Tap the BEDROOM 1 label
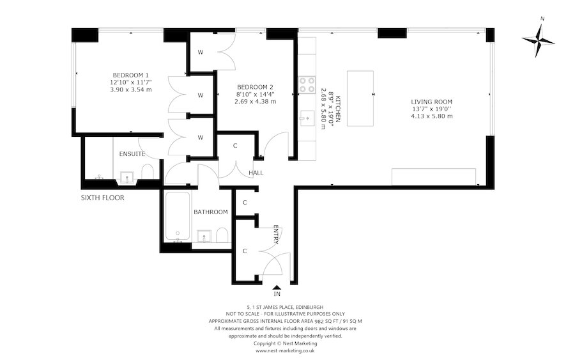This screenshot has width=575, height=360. click(131, 74)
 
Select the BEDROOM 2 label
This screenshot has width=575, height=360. click(255, 87)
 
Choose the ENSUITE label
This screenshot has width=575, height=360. click(132, 154)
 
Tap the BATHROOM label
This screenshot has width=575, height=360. click(211, 212)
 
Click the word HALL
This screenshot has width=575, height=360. click(256, 173)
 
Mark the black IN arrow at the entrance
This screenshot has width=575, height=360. click(277, 288)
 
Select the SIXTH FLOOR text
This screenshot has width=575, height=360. click(102, 198)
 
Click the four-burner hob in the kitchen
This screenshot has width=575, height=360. click(306, 85)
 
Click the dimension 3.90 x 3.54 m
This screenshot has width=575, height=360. click(131, 90)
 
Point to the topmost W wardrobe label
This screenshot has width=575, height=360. click(200, 52)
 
